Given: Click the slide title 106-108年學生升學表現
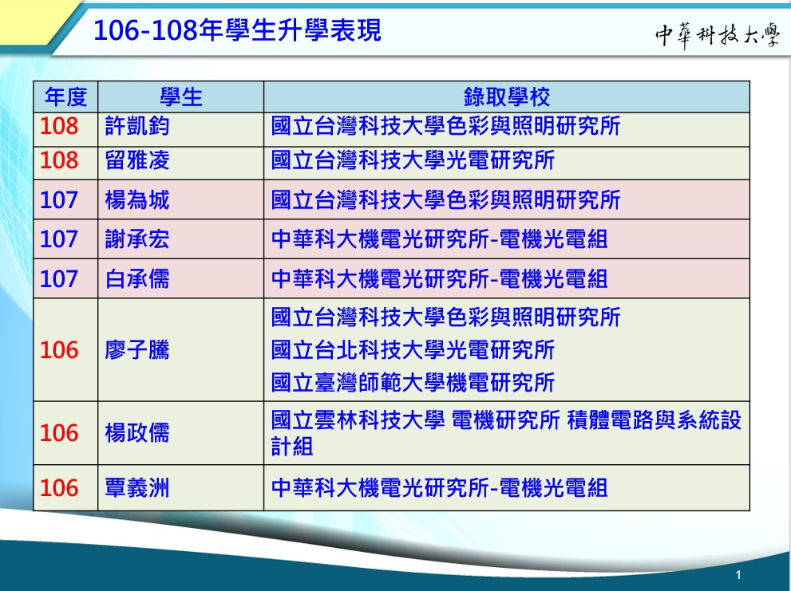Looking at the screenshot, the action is click(x=237, y=30).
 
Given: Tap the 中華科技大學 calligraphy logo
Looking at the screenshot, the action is click(x=718, y=35).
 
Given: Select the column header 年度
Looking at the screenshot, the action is click(x=65, y=97).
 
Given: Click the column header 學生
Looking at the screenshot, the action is click(x=181, y=97).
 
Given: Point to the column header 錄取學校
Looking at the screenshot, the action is click(x=507, y=97).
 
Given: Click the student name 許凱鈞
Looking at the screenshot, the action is click(x=137, y=126).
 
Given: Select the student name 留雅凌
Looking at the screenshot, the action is click(x=137, y=160).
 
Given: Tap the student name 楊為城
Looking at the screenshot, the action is click(x=137, y=199).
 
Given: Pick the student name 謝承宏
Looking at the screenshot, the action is click(x=137, y=239).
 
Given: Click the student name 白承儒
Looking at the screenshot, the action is click(x=137, y=278).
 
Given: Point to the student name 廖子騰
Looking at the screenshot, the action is click(x=137, y=350).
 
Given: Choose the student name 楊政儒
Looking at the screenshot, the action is click(x=137, y=432).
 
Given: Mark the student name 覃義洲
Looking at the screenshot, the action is click(x=137, y=487).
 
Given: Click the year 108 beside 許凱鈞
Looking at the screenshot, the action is click(x=59, y=126).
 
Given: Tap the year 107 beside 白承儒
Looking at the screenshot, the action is click(x=59, y=279).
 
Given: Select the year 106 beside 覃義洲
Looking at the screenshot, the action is click(x=59, y=488).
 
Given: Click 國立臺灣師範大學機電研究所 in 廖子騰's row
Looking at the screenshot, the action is click(x=413, y=382).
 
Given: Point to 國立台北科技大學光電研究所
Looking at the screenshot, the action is click(x=413, y=350).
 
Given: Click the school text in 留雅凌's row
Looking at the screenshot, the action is click(x=413, y=160).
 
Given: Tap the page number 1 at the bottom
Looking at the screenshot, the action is click(x=738, y=575).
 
